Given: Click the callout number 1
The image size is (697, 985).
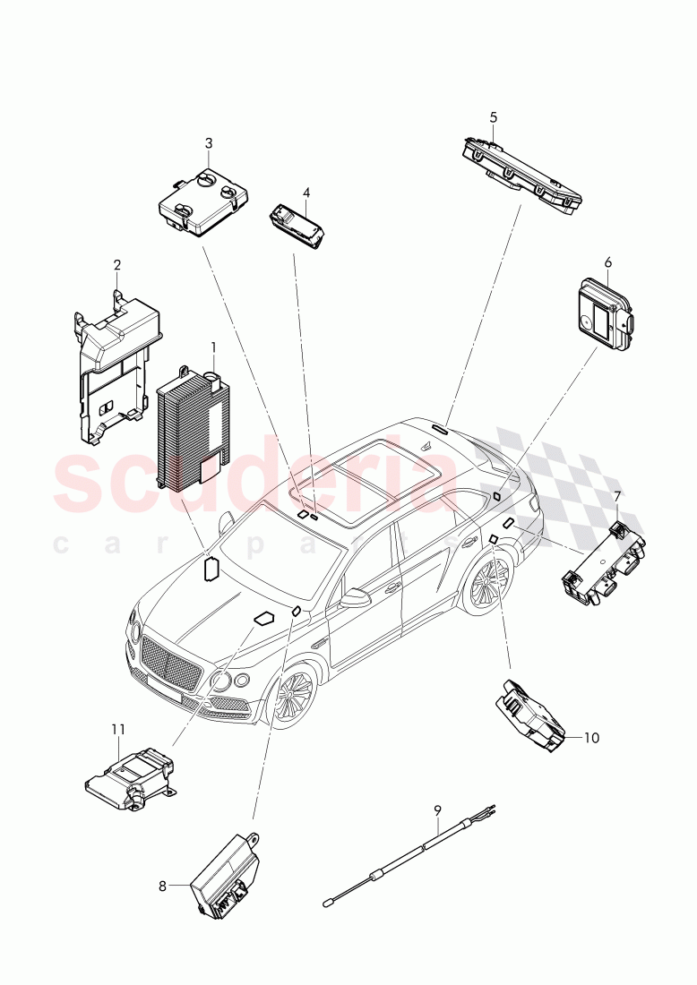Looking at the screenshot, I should tap(213, 347).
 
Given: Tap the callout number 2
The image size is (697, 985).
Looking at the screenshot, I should tap(116, 265).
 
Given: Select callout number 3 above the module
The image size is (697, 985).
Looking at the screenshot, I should tap(209, 143).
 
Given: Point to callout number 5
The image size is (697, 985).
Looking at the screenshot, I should tap(493, 117).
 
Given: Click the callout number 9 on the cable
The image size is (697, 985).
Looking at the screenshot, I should tap(438, 809).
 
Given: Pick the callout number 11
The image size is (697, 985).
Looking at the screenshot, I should tap(118, 730).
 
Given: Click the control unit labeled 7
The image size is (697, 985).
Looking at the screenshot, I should tap(604, 563).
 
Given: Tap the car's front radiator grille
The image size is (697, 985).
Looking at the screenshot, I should tap(174, 667).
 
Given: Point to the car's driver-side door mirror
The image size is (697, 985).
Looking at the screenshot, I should tap(357, 597).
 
